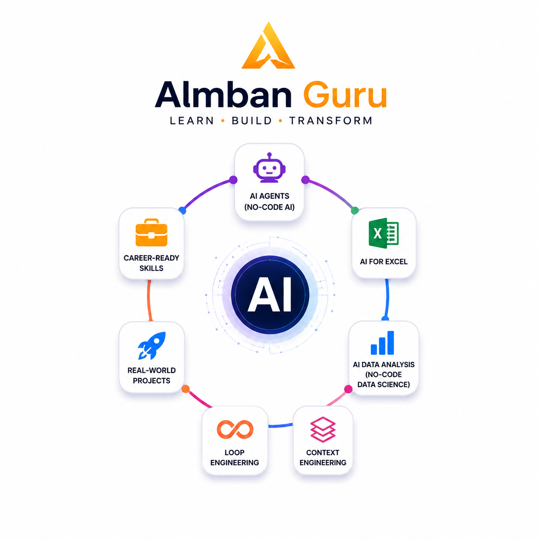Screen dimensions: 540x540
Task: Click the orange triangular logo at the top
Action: click(x=268, y=46)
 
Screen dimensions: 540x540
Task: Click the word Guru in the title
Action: click(x=345, y=94)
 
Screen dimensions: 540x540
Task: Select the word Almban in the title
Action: click(x=223, y=94)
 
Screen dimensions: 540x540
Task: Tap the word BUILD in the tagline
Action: click(x=251, y=121)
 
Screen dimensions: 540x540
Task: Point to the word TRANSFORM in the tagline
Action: click(x=331, y=121)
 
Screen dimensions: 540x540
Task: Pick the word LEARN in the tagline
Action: click(x=192, y=121)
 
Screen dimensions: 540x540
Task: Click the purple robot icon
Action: click(x=269, y=168)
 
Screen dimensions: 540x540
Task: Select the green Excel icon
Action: click(x=383, y=233)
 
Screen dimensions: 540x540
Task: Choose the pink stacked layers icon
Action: click(x=323, y=429)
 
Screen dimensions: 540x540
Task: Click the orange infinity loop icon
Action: click(x=235, y=429)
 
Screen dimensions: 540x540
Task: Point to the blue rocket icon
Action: click(x=152, y=345)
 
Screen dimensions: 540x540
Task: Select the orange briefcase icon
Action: click(x=151, y=232)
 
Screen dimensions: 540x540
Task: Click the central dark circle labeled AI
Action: click(x=270, y=294)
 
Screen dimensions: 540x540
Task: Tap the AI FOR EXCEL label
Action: click(x=383, y=261)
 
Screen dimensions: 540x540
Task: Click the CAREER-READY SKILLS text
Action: click(x=151, y=263)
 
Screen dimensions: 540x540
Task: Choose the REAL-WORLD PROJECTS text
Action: click(x=152, y=375)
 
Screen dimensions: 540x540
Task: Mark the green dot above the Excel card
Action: click(x=355, y=210)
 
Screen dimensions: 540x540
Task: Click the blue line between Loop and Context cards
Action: click(x=280, y=425)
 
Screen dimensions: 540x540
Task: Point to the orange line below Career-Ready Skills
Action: click(x=149, y=301)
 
